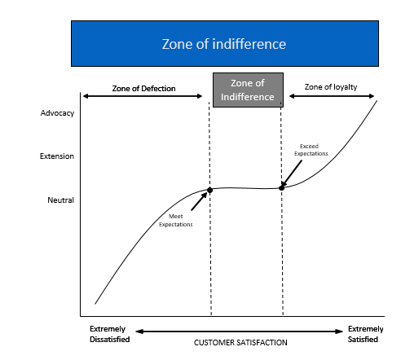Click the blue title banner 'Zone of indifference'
(x=225, y=43)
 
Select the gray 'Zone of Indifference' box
(x=248, y=90)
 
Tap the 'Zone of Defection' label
(x=143, y=89)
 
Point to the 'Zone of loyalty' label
(x=331, y=87)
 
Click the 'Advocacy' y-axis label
(x=57, y=113)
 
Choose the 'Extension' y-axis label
(x=57, y=156)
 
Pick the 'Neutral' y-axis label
(x=60, y=200)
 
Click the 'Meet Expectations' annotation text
(x=176, y=220)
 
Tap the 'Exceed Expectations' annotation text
(x=311, y=150)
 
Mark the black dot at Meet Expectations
(x=209, y=190)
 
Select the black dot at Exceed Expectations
(x=282, y=187)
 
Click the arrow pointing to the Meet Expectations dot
(x=199, y=201)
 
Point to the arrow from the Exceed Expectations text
(x=292, y=173)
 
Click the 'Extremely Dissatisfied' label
(x=110, y=334)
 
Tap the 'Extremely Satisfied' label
(x=365, y=334)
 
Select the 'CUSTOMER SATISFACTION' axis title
(x=240, y=343)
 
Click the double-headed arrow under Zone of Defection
(x=143, y=96)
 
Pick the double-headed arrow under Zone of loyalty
(x=332, y=96)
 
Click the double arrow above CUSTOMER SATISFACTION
(x=239, y=331)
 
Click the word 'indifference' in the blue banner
(x=249, y=44)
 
